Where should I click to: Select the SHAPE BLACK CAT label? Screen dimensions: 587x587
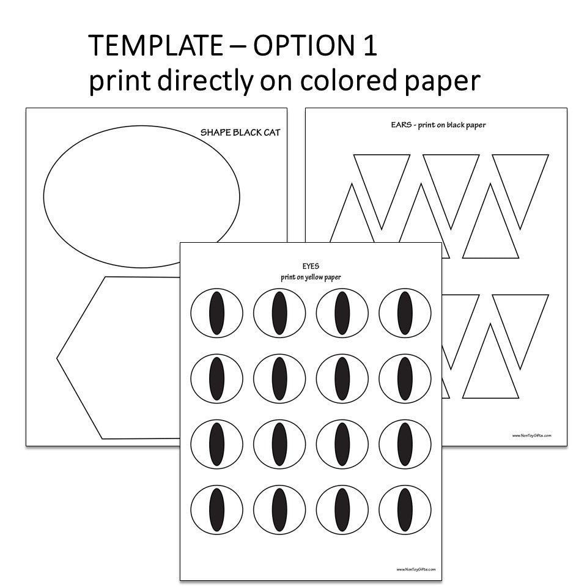[x=240, y=132]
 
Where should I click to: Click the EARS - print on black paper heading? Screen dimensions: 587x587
[x=438, y=125]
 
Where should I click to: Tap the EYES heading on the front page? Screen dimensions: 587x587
[x=311, y=267]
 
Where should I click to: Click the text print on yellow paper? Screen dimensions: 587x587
[x=311, y=277]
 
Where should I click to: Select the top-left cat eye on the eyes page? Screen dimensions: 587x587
[x=216, y=312]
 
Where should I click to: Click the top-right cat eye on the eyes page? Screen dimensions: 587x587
[x=404, y=312]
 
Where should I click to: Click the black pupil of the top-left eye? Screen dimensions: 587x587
[x=216, y=312]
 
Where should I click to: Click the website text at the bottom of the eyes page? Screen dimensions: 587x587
[x=416, y=569]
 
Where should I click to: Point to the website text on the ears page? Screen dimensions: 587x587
[x=532, y=436]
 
